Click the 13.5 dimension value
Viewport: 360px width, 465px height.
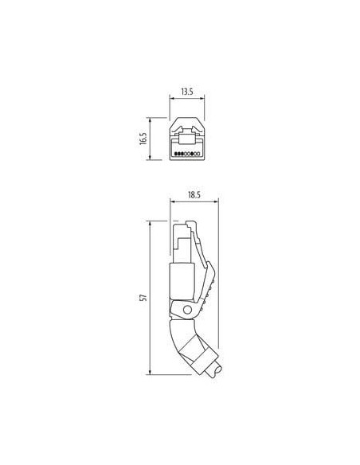click(187, 92)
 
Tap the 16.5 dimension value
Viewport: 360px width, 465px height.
click(143, 139)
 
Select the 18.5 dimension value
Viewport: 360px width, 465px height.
click(194, 195)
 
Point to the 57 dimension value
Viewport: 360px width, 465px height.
click(143, 298)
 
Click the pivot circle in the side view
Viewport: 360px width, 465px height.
click(187, 310)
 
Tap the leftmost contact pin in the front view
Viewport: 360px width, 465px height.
click(176, 154)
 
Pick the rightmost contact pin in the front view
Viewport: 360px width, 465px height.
click(198, 154)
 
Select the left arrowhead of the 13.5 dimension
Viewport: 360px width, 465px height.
click(171, 99)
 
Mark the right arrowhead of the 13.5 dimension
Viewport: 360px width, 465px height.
click(202, 99)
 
